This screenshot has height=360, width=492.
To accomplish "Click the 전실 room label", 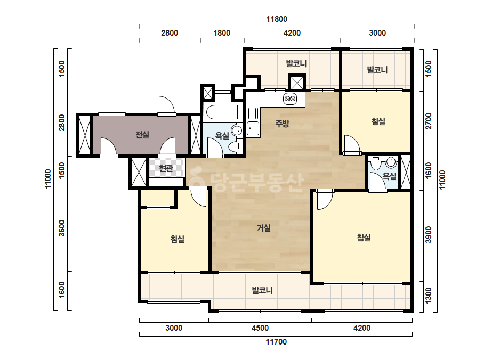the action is tap(142, 135).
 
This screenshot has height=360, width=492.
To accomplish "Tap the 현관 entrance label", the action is tap(166, 168).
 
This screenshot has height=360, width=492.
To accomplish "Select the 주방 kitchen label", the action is tap(282, 123).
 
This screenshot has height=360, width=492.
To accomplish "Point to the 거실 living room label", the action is tap(264, 228).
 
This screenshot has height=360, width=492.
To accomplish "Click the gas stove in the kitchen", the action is tap(289, 99).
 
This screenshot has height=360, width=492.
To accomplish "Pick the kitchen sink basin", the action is tap(253, 128).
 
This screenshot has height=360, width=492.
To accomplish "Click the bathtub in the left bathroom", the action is tap(221, 112).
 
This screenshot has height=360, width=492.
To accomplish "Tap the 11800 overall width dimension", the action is tap(277, 19).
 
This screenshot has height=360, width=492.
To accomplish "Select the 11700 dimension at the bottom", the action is tap(276, 342).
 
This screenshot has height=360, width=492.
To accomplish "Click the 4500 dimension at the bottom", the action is tap(260, 328).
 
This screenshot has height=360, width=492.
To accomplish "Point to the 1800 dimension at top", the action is tap(222, 33).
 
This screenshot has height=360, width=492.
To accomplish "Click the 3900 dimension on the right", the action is tap(429, 234).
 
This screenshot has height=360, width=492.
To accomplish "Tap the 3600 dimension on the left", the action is tap(62, 228).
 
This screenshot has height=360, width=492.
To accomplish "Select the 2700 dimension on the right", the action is tap(429, 121).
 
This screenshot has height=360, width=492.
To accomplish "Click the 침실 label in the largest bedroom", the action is tap(364, 238).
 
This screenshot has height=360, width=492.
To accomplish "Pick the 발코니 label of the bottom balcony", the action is tap(262, 290).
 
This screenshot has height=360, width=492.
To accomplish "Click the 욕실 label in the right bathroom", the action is tap(390, 176).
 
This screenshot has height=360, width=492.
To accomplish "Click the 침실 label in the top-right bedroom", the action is tap(378, 121).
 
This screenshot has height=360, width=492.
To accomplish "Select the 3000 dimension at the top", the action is tap(377, 33).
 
